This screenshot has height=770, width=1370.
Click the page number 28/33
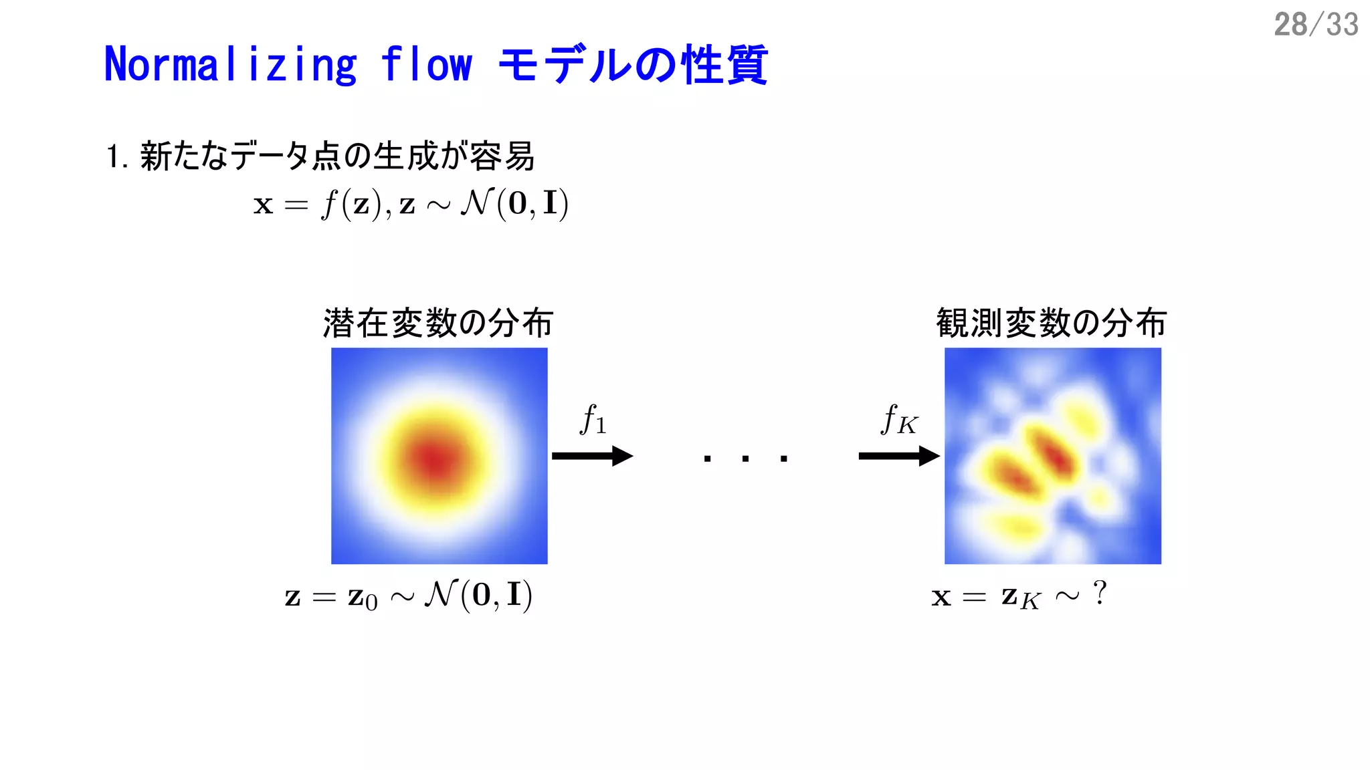pyautogui.click(x=1315, y=25)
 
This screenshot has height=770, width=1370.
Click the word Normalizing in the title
pyautogui.click(x=231, y=65)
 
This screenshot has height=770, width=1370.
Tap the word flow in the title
pyautogui.click(x=426, y=65)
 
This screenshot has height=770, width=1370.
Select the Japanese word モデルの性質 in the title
pyautogui.click(x=633, y=65)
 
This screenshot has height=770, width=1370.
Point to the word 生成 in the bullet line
pyautogui.click(x=403, y=156)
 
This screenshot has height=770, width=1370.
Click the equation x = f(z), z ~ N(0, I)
pyautogui.click(x=411, y=204)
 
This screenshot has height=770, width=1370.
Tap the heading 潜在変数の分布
pyautogui.click(x=438, y=324)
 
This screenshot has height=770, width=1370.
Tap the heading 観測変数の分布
pyautogui.click(x=1052, y=324)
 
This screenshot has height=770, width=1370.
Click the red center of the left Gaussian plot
pyautogui.click(x=436, y=460)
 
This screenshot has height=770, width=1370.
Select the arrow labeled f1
pyautogui.click(x=592, y=457)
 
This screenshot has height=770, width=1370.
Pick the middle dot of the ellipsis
pyautogui.click(x=745, y=459)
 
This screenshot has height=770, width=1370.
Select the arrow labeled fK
pyautogui.click(x=899, y=457)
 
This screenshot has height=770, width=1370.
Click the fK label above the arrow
pyautogui.click(x=899, y=420)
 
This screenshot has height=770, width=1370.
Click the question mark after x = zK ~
pyautogui.click(x=1099, y=593)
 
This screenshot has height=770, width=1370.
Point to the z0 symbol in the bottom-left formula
pyautogui.click(x=363, y=597)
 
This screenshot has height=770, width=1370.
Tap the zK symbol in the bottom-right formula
pyautogui.click(x=1020, y=597)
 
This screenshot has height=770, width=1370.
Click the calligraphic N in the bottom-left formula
pyautogui.click(x=442, y=594)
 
